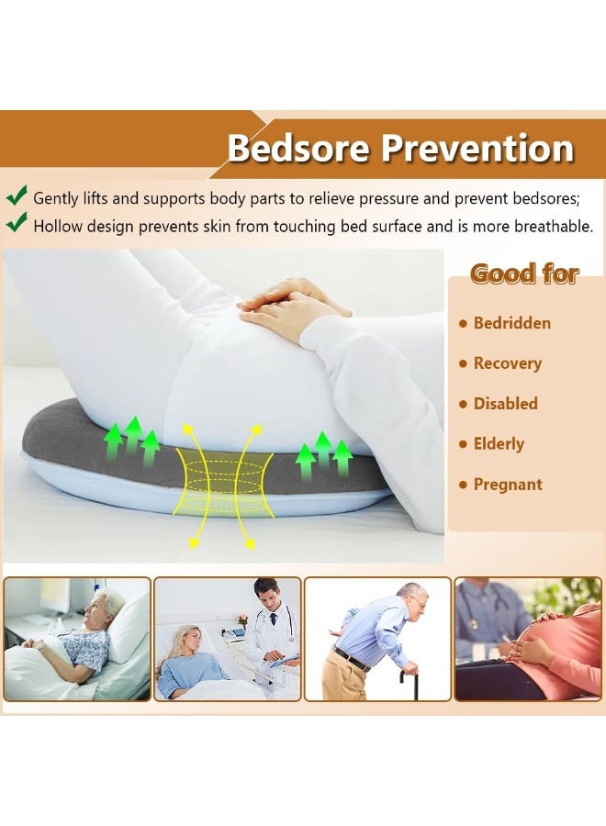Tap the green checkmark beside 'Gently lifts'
click(x=17, y=195)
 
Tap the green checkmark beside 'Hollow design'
click(x=17, y=223)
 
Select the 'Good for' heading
click(x=524, y=273)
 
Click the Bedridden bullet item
click(x=511, y=323)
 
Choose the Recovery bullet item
click(x=507, y=363)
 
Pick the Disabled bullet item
click(x=505, y=404)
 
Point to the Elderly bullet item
click(x=499, y=444)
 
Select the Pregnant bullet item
click(x=508, y=485)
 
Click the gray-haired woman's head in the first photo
click(x=112, y=606)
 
